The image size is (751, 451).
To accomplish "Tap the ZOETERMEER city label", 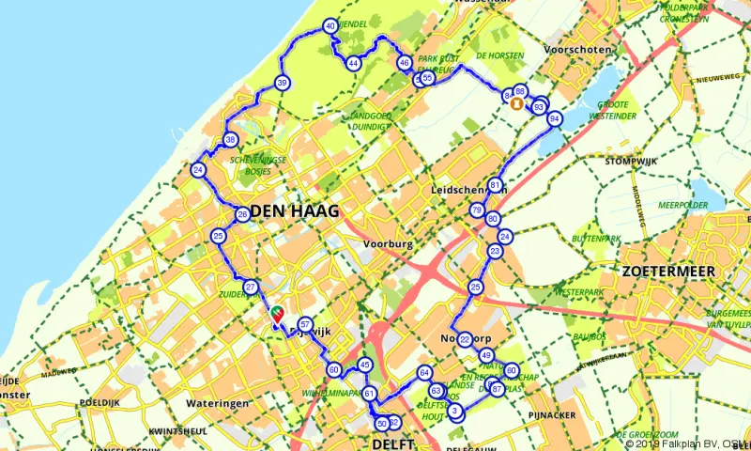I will click(x=667, y=271).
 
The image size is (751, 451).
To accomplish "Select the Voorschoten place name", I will click(x=579, y=50).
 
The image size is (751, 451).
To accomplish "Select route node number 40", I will click(x=330, y=27).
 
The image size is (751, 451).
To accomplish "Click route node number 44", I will click(x=354, y=63).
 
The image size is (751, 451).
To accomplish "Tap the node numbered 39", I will click(x=282, y=85).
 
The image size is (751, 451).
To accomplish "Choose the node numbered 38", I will click(x=230, y=141).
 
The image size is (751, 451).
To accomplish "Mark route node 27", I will click(x=250, y=287).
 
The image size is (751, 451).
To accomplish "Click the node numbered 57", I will click(x=304, y=325).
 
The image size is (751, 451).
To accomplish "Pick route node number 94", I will click(x=555, y=119).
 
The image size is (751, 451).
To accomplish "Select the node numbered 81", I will click(x=495, y=185).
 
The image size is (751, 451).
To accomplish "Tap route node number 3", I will click(x=456, y=412).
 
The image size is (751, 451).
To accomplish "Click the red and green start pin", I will click(x=278, y=316).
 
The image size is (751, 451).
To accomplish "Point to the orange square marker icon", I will click(x=514, y=104).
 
